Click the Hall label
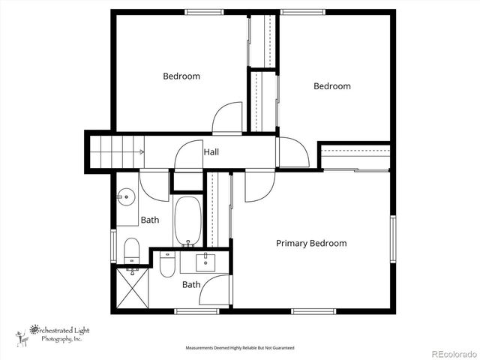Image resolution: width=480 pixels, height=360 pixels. point(211,152)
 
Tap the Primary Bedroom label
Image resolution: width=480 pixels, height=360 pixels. point(311,243)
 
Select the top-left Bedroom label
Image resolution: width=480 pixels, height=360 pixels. point(181,76)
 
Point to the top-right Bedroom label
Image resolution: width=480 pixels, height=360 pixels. point(331,86)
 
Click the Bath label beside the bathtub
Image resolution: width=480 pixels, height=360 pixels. point(150,220)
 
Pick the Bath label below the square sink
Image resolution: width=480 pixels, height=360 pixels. point(191,284)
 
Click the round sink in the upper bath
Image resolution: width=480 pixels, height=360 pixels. point(124,198)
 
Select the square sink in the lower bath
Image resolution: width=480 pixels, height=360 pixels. point(205,262)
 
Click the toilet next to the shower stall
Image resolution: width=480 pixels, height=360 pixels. point(132,251)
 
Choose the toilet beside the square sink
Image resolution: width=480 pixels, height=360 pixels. point(167,264)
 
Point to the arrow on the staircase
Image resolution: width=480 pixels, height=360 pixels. point(139,152)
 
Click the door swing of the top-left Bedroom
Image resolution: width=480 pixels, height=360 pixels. point(226,120)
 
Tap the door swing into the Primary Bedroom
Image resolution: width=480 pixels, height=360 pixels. point(259,186)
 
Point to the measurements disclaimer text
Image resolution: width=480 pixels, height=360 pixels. point(240,348)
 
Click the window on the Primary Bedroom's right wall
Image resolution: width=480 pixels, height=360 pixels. point(391,238)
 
